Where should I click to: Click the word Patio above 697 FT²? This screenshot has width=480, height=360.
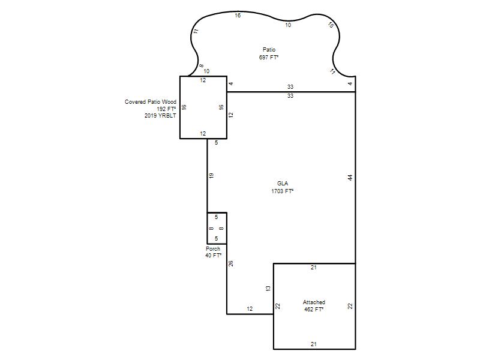click(269, 50)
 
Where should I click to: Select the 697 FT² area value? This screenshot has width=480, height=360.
click(269, 57)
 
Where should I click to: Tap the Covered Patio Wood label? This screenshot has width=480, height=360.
click(151, 101)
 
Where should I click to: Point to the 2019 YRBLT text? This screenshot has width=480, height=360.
click(160, 116)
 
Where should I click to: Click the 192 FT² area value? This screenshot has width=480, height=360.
click(167, 109)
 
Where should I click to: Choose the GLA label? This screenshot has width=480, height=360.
click(283, 184)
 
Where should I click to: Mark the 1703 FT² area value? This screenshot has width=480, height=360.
click(282, 191)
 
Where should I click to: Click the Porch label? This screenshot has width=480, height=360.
click(213, 249)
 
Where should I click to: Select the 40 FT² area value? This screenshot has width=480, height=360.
click(214, 256)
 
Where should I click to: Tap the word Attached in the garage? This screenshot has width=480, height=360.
click(314, 302)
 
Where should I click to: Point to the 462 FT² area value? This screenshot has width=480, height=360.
click(314, 310)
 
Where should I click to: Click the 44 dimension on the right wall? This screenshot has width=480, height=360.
click(350, 177)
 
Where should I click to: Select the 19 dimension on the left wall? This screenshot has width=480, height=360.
click(211, 176)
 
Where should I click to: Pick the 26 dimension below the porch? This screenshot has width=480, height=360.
click(231, 263)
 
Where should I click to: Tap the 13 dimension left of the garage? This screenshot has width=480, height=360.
click(268, 288)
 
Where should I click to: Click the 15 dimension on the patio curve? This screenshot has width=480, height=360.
click(331, 25)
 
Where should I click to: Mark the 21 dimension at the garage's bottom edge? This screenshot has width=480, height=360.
click(314, 344)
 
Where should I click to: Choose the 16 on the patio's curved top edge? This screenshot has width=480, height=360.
click(238, 16)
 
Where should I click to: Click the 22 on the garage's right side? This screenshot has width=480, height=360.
click(350, 306)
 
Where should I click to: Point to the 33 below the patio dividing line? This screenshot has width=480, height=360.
click(290, 96)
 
